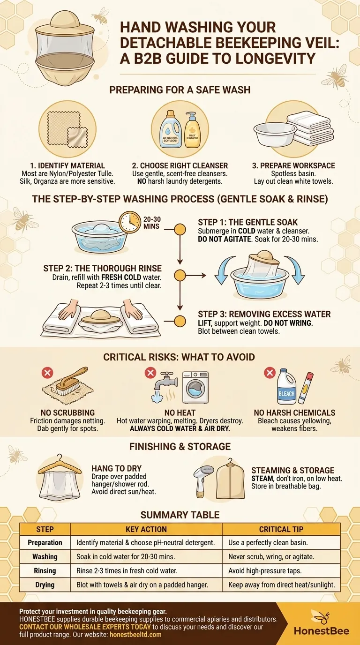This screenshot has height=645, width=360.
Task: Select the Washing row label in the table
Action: tap(45, 557)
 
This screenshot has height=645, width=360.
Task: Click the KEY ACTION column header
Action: tap(146, 529)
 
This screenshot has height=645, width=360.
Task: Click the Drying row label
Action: tap(45, 585)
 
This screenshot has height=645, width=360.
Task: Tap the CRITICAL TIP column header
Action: tap(281, 529)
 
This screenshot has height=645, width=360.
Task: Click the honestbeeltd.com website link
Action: tap(135, 635)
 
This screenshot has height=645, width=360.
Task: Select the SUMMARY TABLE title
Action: tap(180, 515)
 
